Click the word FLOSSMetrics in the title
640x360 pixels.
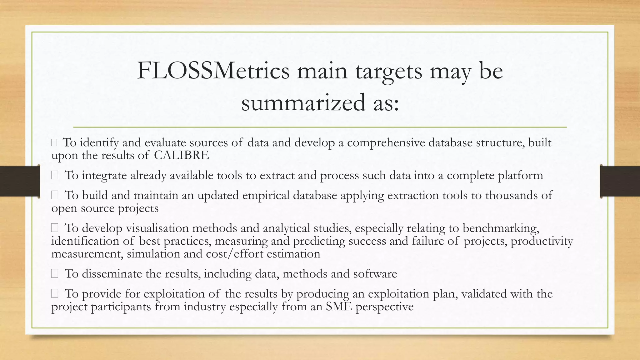[213, 71]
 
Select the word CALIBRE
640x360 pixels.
[182, 155]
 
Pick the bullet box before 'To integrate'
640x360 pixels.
[55, 176]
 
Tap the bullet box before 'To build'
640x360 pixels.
[55, 195]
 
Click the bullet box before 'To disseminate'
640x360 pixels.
[55, 274]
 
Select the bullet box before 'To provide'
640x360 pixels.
[55, 293]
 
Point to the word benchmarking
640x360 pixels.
[501, 228]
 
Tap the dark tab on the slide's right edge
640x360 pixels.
[620, 181]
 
